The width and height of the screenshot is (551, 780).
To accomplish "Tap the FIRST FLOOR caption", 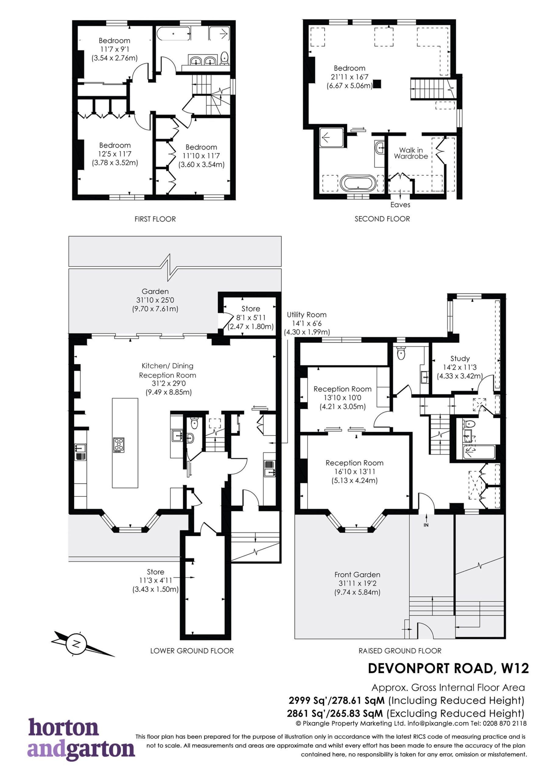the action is [155, 219].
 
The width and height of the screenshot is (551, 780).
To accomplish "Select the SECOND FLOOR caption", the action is [382, 219].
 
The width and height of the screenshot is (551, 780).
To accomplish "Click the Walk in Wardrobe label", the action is [411, 153].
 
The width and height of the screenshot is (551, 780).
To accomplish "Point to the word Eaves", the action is [400, 205].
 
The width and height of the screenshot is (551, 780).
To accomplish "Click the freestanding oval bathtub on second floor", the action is [358, 183].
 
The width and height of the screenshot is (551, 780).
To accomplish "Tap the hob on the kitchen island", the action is [119, 445].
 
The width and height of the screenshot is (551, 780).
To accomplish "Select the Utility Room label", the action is [307, 315].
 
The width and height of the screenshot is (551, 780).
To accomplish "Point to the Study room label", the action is [460, 358].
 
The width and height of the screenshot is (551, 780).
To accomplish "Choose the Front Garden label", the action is [357, 574].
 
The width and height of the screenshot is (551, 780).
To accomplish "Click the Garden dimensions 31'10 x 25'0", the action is [155, 300].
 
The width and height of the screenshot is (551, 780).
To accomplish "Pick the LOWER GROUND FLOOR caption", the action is [192, 651].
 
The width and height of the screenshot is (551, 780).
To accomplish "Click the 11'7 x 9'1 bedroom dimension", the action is [114, 49].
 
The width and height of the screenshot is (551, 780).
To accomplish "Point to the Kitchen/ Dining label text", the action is [167, 366].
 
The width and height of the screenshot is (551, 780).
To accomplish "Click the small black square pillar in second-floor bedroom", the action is [377, 84].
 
